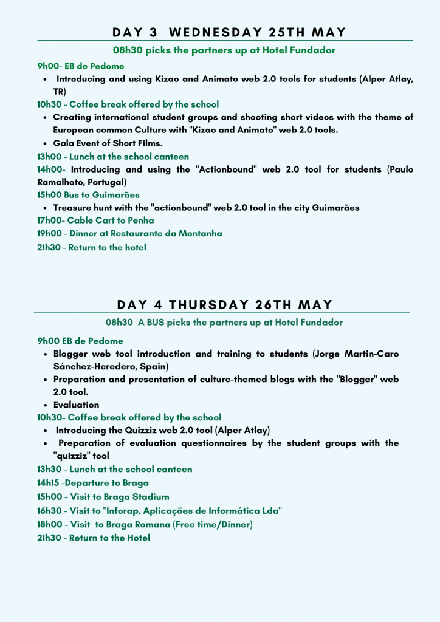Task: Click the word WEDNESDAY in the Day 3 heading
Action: pyautogui.click(x=221, y=32)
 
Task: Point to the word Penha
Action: pyautogui.click(x=140, y=220)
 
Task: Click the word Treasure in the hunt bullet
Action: pyautogui.click(x=72, y=208)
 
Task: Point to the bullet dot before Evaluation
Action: pyautogui.click(x=47, y=405)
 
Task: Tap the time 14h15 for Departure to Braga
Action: pyautogui.click(x=49, y=483)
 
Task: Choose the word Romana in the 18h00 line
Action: pyautogui.click(x=153, y=524)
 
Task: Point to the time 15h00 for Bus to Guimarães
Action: pyautogui.click(x=48, y=195)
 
